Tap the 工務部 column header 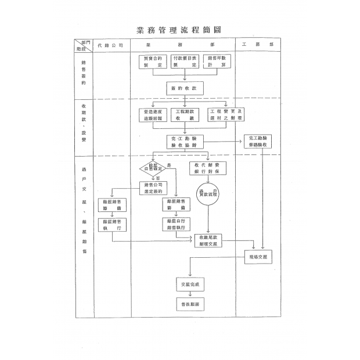(x=257, y=44)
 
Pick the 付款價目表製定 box (x=185, y=62)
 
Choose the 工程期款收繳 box (x=185, y=114)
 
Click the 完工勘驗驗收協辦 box (x=185, y=143)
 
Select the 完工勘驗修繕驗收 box (x=257, y=142)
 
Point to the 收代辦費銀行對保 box (x=208, y=169)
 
